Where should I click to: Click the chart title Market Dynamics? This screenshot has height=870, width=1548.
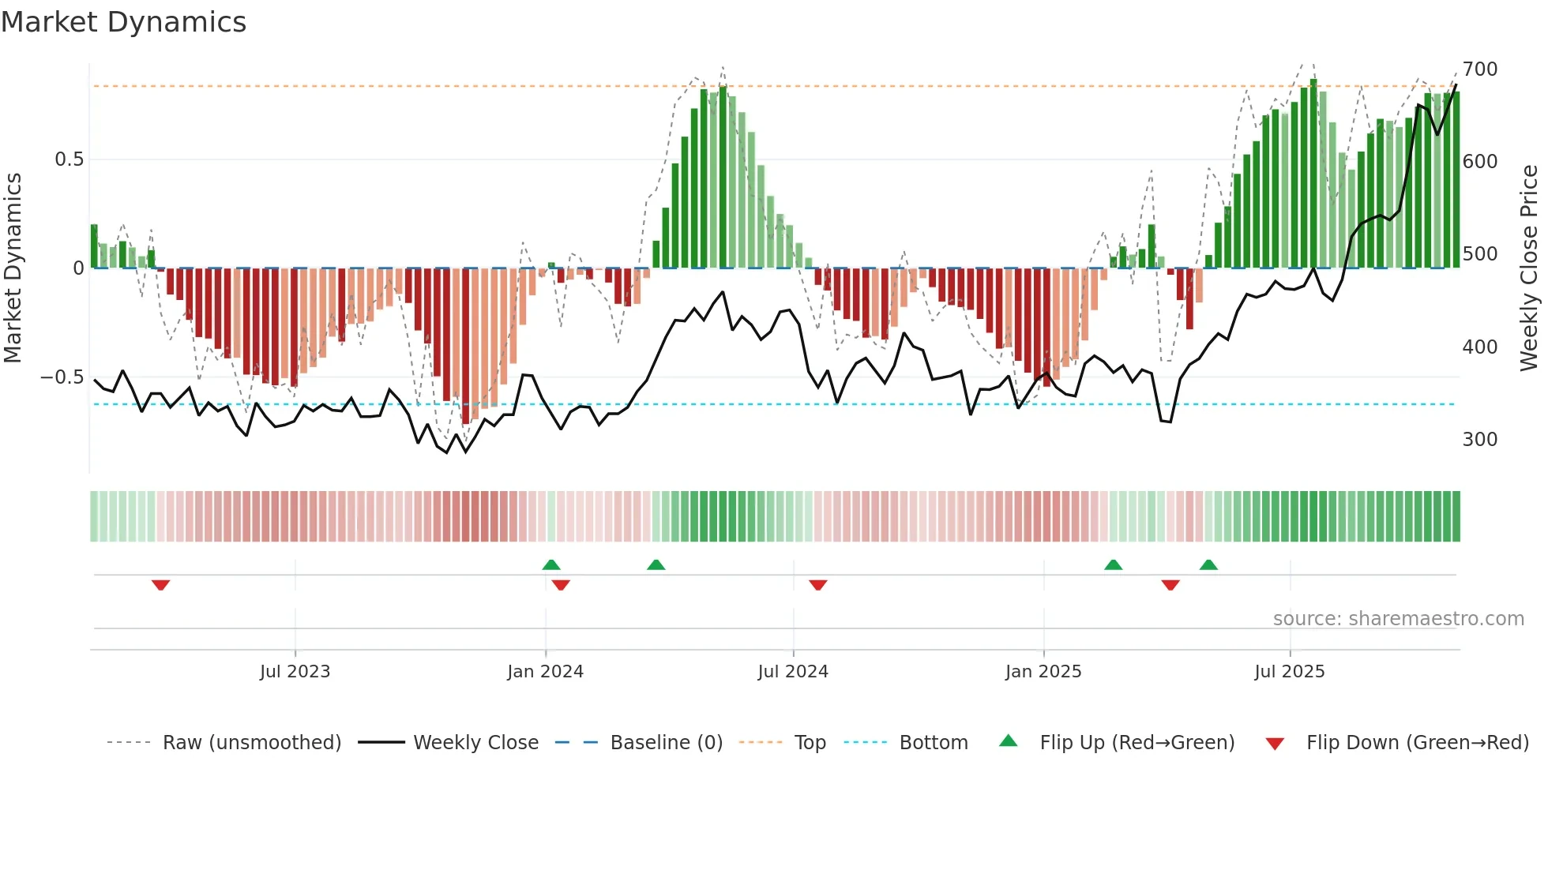pos(124,22)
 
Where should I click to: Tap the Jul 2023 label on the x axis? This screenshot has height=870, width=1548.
pos(295,672)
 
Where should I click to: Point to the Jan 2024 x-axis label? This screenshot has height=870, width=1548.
pos(545,672)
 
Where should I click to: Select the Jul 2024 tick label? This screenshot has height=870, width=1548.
pos(793,672)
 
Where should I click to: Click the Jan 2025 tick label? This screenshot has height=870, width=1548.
pos(1043,672)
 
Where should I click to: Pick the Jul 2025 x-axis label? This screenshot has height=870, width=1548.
pos(1290,672)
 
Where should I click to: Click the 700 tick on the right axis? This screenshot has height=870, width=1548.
pos(1480,69)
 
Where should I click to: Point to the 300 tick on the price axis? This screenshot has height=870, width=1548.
pos(1480,440)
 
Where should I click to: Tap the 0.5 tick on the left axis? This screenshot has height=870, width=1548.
pos(70,159)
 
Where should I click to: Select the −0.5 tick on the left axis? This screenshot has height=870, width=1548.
pos(62,377)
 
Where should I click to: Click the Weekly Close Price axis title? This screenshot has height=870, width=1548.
pos(1529,268)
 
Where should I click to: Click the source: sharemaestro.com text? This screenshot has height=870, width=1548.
pos(1398,619)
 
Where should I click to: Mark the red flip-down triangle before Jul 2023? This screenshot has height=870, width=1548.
pos(160,585)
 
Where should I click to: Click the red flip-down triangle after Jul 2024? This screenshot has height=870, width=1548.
pos(817,585)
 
